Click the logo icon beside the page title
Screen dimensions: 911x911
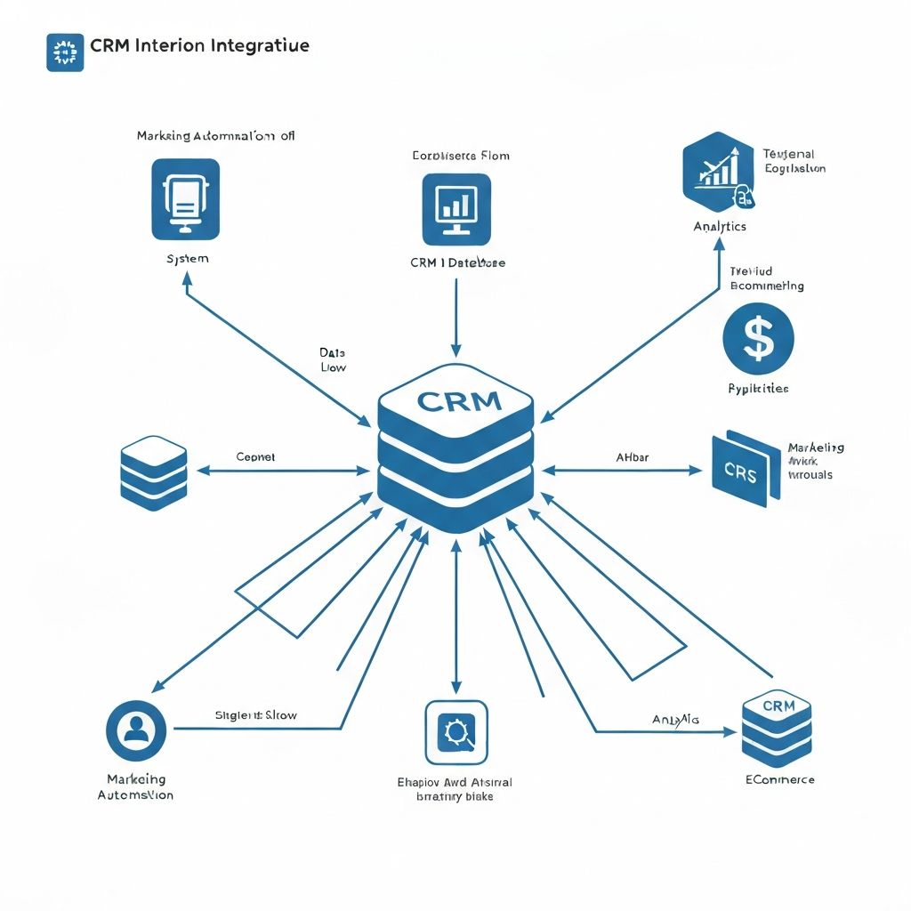click(64, 52)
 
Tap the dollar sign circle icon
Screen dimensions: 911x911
click(758, 339)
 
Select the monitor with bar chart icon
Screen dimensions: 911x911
click(456, 209)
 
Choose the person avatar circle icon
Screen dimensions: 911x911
click(136, 730)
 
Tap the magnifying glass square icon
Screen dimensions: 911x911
click(456, 732)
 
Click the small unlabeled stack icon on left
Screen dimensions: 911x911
click(153, 472)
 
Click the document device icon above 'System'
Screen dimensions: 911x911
click(185, 199)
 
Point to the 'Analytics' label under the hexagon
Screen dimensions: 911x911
click(720, 227)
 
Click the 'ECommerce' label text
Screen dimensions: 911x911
click(779, 779)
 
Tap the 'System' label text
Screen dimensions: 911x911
click(187, 259)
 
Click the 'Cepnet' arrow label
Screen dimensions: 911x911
click(255, 456)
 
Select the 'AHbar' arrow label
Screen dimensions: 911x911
click(632, 457)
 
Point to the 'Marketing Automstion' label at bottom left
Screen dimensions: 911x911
click(135, 786)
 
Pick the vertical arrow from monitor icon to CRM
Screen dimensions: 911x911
click(455, 316)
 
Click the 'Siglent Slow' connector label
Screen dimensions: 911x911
click(256, 714)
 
